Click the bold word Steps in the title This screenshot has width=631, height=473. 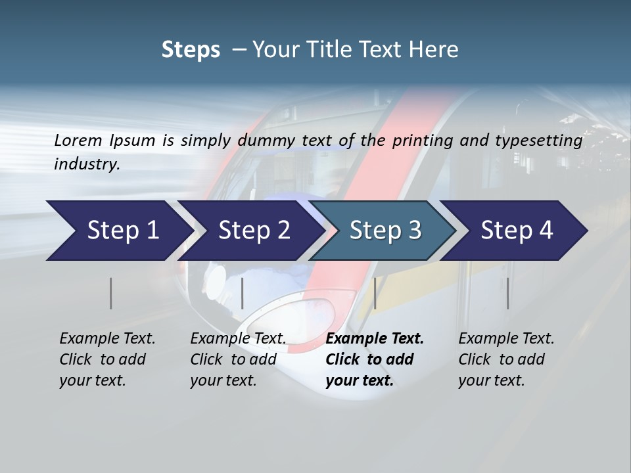[x=191, y=50]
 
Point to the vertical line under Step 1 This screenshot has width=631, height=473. [x=111, y=293]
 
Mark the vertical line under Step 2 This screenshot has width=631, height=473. [x=243, y=293]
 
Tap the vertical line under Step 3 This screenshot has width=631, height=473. [x=375, y=293]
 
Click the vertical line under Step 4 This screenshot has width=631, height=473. [x=508, y=293]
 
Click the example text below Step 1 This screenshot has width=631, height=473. [x=107, y=359]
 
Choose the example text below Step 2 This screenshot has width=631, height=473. [x=238, y=359]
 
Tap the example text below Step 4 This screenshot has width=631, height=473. [x=506, y=359]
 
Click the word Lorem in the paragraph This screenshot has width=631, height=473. [x=78, y=141]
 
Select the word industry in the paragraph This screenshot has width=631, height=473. [x=86, y=164]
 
